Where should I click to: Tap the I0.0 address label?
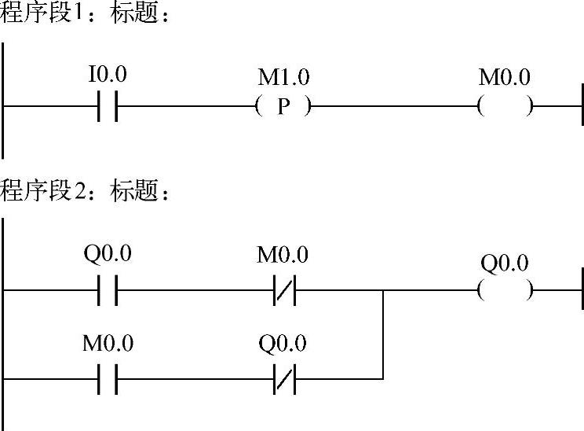click(108, 76)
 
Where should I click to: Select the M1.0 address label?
click(283, 77)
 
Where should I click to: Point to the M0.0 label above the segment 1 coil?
click(505, 77)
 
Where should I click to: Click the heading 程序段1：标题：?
click(84, 13)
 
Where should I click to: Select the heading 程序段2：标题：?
click(84, 191)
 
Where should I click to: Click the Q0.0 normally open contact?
click(108, 290)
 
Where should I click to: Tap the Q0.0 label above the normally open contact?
click(108, 255)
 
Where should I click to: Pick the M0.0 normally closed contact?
click(283, 290)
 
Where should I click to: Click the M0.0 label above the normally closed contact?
click(283, 255)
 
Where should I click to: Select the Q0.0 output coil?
click(505, 290)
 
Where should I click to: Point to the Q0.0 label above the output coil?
click(505, 263)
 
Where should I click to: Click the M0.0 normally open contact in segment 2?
click(108, 378)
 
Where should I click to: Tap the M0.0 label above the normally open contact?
click(108, 344)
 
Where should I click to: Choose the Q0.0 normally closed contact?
click(283, 378)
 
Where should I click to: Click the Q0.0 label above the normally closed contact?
click(283, 344)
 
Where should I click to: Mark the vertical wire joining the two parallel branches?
click(383, 334)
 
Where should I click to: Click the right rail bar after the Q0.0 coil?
click(582, 290)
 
